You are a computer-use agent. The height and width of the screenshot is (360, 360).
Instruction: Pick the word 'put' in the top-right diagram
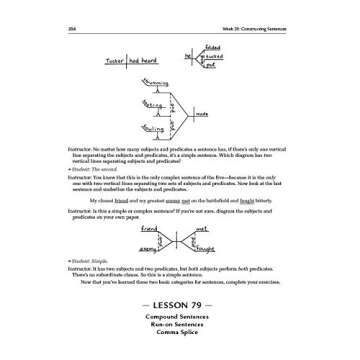[x=211, y=67]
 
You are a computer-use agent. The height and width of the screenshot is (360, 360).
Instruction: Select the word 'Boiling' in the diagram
[x=152, y=129]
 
